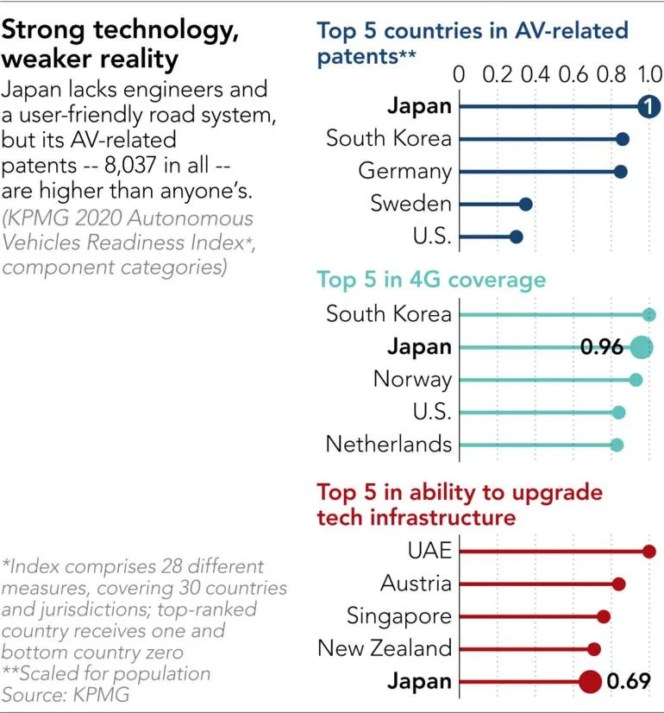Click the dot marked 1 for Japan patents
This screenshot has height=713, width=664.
click(648, 106)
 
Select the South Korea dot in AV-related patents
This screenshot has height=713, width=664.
click(623, 139)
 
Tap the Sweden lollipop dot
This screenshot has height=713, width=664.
click(525, 205)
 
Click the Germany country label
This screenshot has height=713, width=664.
click(404, 171)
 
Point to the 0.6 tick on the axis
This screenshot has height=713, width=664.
click(573, 74)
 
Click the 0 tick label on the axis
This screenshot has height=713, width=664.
click(459, 74)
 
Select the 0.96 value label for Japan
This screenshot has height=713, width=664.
click(601, 348)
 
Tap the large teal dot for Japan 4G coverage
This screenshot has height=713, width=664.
click(641, 348)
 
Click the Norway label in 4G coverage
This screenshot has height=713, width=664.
click(412, 380)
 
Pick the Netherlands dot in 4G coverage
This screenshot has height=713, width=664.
click(617, 445)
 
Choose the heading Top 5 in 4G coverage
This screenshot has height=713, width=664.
click(431, 280)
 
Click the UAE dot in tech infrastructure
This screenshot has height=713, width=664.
click(649, 552)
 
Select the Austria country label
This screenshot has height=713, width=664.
click(416, 584)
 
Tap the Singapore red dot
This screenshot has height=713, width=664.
click(604, 616)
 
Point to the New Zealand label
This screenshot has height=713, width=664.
click(385, 648)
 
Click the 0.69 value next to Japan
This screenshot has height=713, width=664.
click(627, 682)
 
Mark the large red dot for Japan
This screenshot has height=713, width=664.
click(590, 682)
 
